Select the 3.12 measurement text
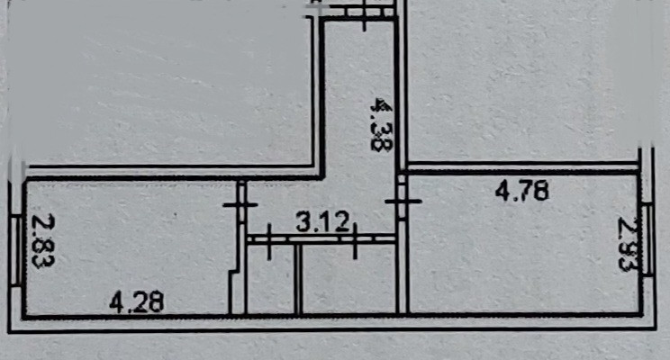[322, 221]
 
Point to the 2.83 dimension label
[40, 242]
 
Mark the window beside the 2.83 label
[21, 247]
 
